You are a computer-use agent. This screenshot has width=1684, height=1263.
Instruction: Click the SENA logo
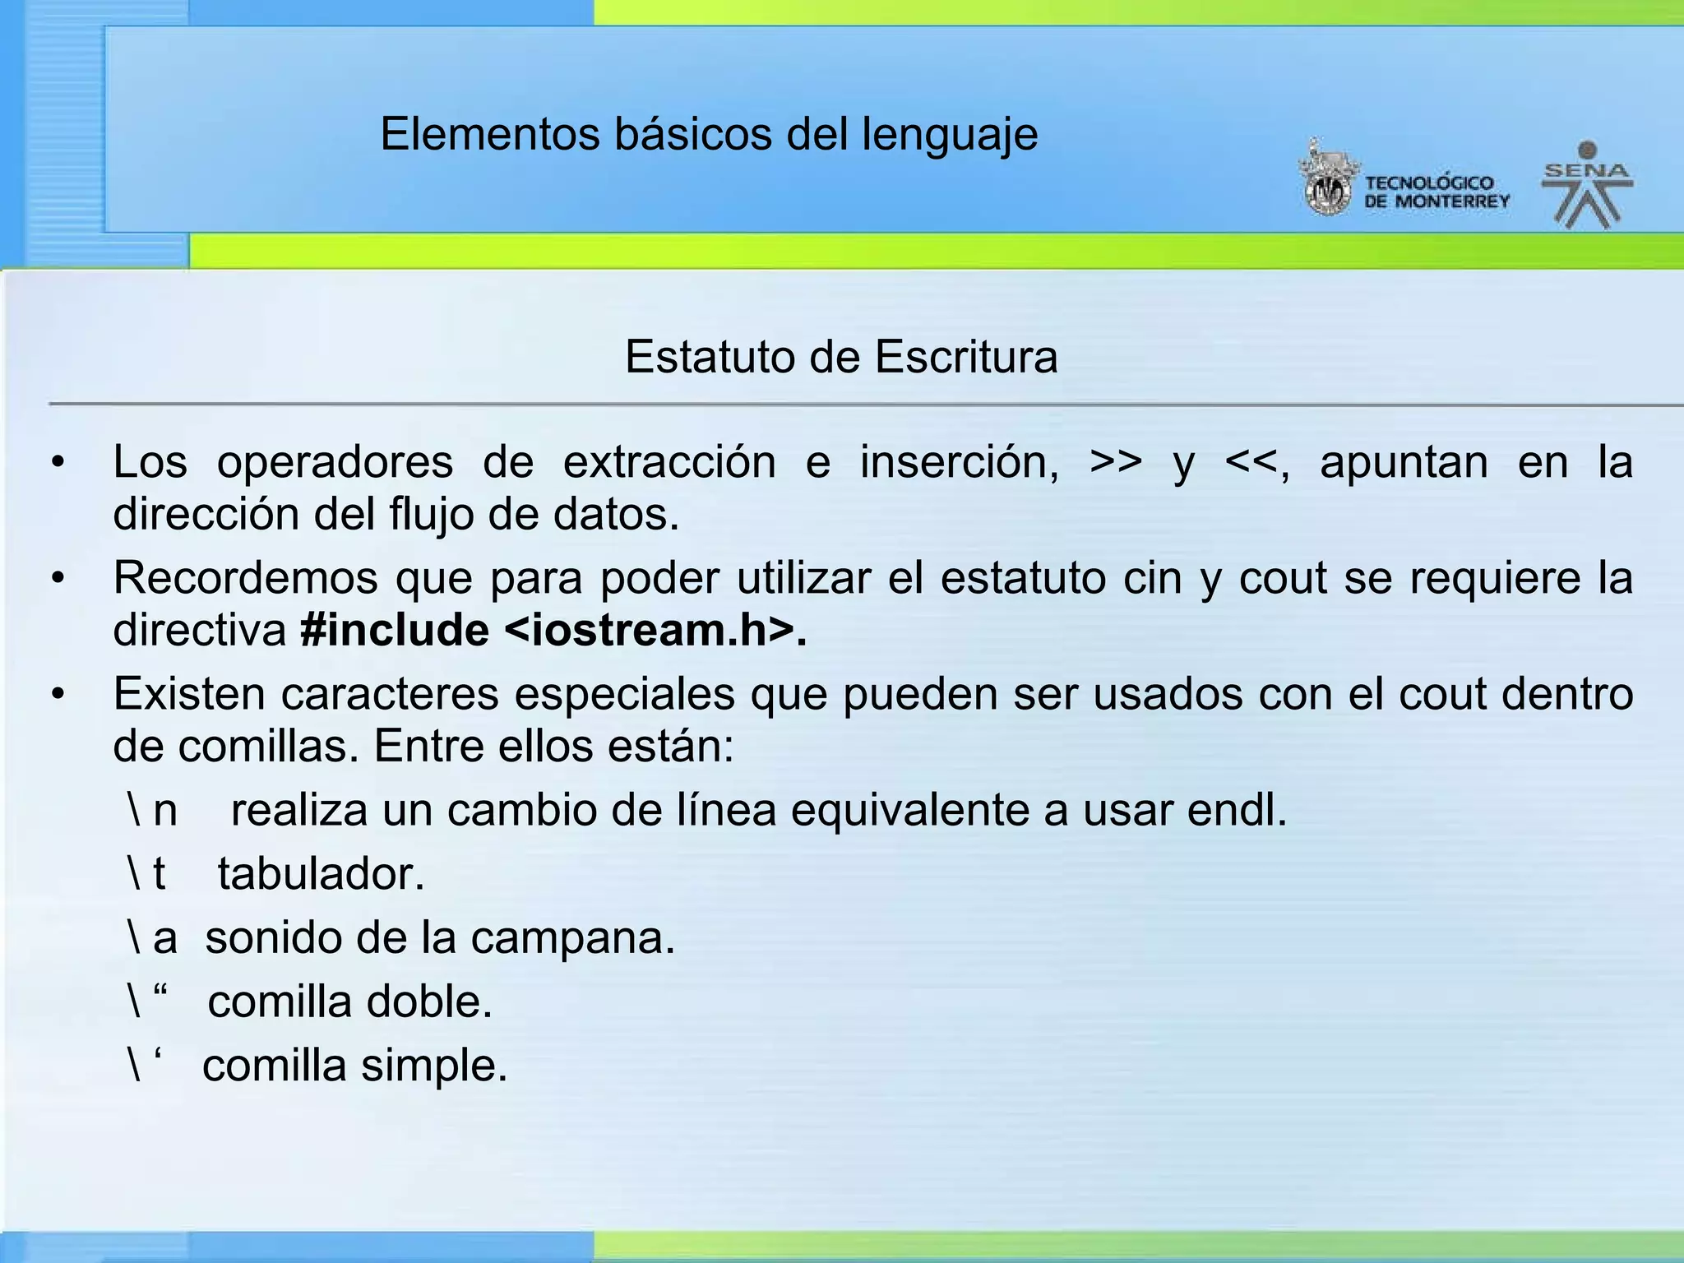[x=1587, y=186]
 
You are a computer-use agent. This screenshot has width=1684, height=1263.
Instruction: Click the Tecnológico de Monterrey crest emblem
[x=1325, y=180]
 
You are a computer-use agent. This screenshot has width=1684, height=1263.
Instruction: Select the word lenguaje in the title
[x=950, y=135]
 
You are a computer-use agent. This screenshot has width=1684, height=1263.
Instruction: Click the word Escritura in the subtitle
[x=965, y=357]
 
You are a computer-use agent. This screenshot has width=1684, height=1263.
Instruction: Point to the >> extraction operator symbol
[x=1116, y=462]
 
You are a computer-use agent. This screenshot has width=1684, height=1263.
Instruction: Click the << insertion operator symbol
[x=1251, y=462]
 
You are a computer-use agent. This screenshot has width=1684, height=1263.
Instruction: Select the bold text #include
[x=395, y=631]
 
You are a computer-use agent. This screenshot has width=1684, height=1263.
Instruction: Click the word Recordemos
[x=245, y=577]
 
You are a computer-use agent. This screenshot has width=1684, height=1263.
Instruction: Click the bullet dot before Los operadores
[x=57, y=463]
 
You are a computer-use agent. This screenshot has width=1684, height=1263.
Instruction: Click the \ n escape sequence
[x=153, y=810]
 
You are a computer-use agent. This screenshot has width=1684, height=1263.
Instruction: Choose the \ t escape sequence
[x=147, y=873]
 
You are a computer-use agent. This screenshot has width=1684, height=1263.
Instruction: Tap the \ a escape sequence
[x=153, y=937]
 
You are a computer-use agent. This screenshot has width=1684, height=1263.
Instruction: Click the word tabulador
[x=320, y=873]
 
